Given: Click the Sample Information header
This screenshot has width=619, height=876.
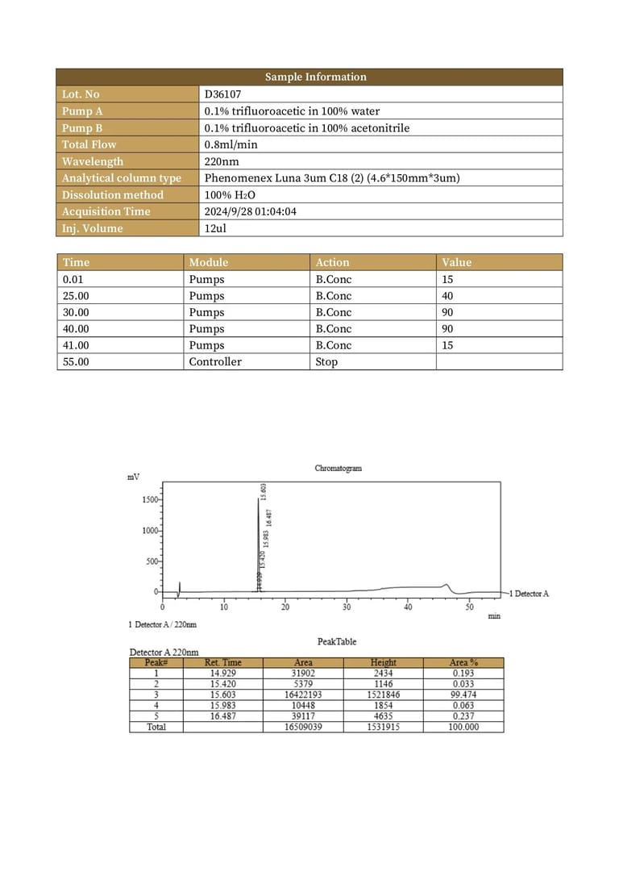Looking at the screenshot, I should click(x=315, y=77).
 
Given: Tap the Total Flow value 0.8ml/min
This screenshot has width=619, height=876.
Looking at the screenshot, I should click(x=231, y=144).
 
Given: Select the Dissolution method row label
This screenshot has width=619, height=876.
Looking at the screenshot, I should click(x=112, y=195).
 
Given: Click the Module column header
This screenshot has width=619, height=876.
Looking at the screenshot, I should click(x=208, y=262).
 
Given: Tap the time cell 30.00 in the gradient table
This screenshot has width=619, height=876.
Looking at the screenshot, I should click(x=76, y=312).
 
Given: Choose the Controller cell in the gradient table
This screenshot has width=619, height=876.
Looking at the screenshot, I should click(x=214, y=362).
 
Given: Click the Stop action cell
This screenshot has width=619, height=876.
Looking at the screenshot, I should click(x=326, y=362).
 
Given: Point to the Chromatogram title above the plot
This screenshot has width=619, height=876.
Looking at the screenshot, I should click(x=338, y=469).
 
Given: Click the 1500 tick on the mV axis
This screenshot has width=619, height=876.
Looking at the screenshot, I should click(x=150, y=500).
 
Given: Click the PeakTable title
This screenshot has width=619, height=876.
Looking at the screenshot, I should click(x=337, y=642).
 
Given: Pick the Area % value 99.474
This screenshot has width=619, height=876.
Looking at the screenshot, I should click(x=463, y=694).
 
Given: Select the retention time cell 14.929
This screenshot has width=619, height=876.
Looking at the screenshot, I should click(x=222, y=673).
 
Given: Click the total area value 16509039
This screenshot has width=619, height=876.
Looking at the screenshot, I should click(x=304, y=727).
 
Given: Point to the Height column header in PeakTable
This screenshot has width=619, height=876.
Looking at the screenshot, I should click(x=383, y=662).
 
